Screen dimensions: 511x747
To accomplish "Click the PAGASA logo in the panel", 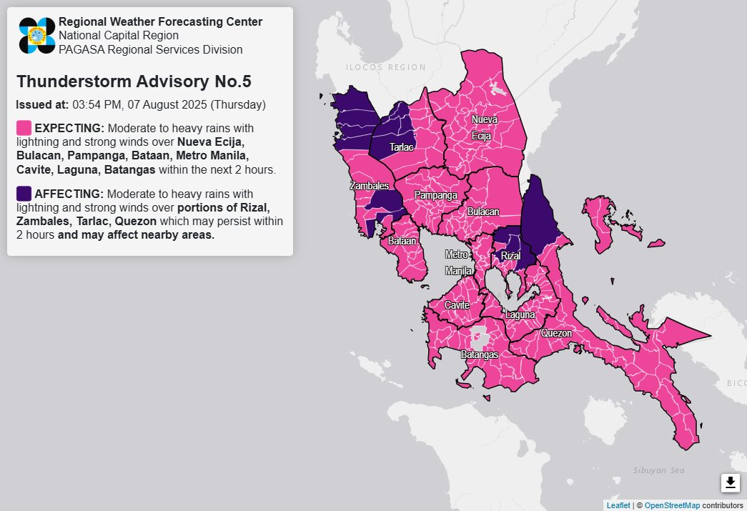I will [37, 36].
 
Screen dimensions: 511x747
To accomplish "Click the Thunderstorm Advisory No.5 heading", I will [133, 81].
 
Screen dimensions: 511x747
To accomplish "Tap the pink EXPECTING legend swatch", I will [24, 128].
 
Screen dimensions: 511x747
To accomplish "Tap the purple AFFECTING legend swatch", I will [24, 194].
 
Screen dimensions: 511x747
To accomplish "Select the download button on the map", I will [730, 483].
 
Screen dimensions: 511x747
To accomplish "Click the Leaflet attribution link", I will [618, 505].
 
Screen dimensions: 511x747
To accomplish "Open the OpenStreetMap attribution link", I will [672, 505].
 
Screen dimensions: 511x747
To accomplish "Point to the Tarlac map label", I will [401, 147].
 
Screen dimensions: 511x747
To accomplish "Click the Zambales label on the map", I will [369, 186].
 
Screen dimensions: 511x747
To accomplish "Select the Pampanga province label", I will [436, 195].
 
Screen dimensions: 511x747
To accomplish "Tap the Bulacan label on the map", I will [484, 212].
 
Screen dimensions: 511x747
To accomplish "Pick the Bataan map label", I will [402, 242].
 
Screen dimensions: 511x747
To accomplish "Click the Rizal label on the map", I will [510, 256].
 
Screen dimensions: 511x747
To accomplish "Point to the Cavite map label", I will [457, 305].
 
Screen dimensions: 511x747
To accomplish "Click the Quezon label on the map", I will [556, 333].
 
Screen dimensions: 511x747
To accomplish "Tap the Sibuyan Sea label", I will [658, 470].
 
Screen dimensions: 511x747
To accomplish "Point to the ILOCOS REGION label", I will [385, 67].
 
